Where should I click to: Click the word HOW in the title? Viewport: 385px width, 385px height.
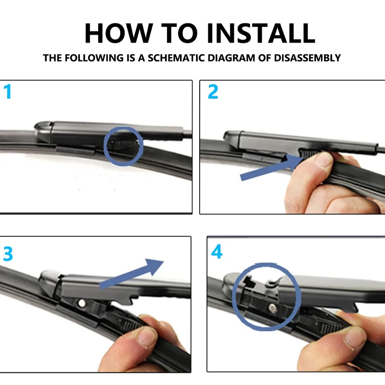pos(119,33)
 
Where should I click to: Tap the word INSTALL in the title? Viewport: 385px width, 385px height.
pos(261,33)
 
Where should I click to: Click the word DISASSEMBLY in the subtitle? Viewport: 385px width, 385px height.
pos(307,58)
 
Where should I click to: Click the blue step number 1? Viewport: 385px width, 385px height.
pos(8,91)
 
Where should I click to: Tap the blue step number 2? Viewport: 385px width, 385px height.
pos(213,91)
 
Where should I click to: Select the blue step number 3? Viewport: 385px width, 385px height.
pos(8,254)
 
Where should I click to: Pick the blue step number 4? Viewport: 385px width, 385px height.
pos(217,252)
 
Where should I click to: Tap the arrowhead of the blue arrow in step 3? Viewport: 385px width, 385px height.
pos(154,266)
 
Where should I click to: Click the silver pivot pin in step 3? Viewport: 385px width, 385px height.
pos(82,304)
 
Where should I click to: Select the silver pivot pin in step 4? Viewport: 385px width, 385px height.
pos(272,308)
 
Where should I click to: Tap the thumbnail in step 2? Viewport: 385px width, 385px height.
pos(323,160)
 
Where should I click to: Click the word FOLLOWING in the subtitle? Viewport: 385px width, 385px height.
pos(94,58)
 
